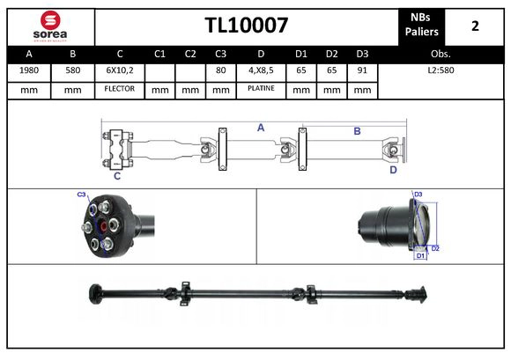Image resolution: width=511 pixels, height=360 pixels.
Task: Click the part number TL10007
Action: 246,26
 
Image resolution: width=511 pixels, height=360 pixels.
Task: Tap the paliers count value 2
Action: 475,26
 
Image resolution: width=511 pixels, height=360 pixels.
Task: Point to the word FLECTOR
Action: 119,90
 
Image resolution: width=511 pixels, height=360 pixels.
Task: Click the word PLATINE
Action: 261,90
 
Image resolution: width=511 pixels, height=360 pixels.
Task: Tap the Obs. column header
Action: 441,54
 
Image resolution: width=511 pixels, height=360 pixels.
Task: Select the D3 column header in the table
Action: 361,54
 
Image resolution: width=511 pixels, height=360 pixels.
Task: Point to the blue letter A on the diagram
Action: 261,129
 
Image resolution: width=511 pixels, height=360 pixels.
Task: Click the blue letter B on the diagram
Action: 357,131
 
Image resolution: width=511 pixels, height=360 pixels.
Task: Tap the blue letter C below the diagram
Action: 116,176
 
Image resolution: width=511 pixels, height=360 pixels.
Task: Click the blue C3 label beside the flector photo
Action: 81,195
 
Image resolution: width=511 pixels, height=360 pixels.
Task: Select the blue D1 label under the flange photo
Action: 421,256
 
